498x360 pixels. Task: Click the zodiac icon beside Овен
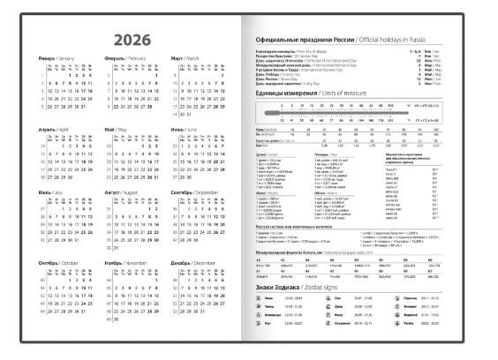[260, 300]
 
